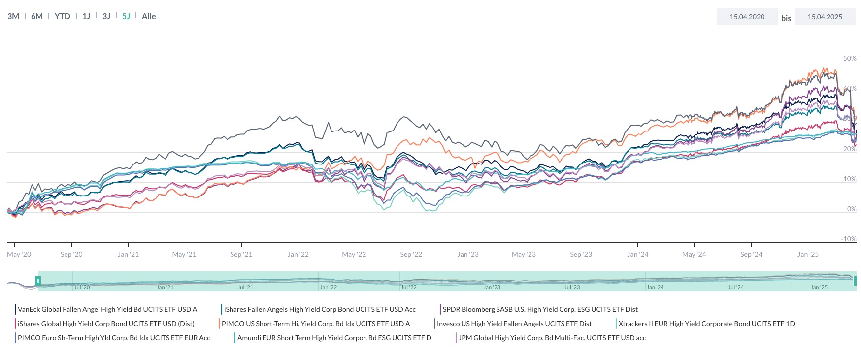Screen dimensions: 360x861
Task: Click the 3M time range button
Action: click(13, 16)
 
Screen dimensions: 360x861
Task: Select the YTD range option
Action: click(63, 16)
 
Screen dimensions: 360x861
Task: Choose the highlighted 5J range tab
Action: click(126, 16)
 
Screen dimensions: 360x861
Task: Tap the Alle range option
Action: click(149, 16)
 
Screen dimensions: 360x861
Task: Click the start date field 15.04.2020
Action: click(747, 17)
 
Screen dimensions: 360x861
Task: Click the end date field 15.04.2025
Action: click(825, 17)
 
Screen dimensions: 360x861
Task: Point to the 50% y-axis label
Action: click(850, 58)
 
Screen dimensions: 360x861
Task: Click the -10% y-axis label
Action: click(848, 239)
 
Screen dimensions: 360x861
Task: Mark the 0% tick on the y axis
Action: click(852, 209)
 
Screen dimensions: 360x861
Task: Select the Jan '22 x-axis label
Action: click(298, 254)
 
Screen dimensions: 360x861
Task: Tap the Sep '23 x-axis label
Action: click(581, 254)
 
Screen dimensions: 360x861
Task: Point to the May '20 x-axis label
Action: click(19, 254)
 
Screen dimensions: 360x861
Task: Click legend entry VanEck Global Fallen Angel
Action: click(107, 309)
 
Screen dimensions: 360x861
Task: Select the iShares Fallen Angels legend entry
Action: click(320, 309)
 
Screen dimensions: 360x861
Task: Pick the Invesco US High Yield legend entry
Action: click(514, 324)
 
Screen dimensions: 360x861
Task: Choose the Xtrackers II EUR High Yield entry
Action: click(706, 324)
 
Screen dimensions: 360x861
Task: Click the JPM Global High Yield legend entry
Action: click(552, 338)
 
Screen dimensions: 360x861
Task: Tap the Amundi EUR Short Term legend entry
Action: click(334, 338)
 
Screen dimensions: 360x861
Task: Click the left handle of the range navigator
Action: click(38, 281)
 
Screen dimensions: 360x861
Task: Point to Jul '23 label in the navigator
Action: click(572, 287)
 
